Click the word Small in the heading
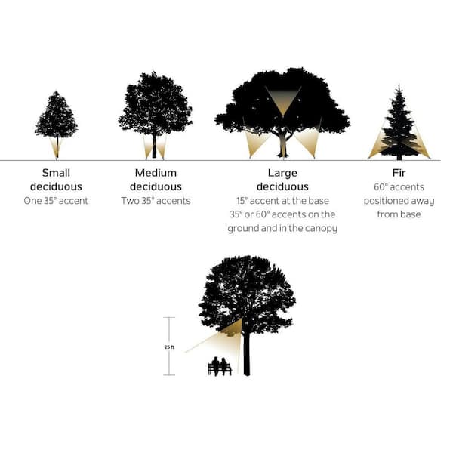pos(56,173)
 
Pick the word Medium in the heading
pos(156,173)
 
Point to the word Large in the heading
pos(282,173)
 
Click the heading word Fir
pos(399,173)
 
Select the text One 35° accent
pos(56,201)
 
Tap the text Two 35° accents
pos(156,201)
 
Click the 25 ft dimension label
pos(169,347)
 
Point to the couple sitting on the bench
pos(220,366)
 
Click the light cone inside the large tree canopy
pos(283,100)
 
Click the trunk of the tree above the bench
pos(246,353)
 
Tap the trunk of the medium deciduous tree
pos(154,146)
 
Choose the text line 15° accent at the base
pos(282,201)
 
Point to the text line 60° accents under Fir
pos(399,187)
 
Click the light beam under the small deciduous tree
pos(57,148)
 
